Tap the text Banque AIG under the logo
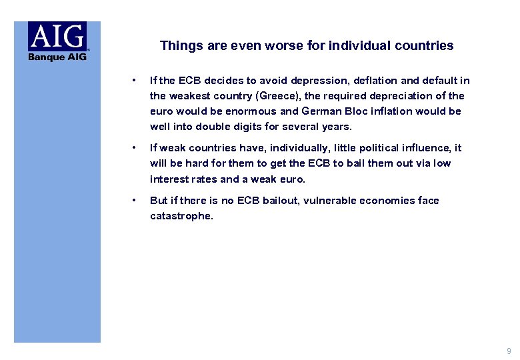click(x=57, y=57)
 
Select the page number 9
click(x=509, y=351)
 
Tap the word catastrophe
click(x=181, y=216)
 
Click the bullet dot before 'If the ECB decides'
click(x=135, y=81)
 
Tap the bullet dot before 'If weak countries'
click(x=135, y=148)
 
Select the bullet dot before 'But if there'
click(x=135, y=201)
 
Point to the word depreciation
click(x=415, y=96)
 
